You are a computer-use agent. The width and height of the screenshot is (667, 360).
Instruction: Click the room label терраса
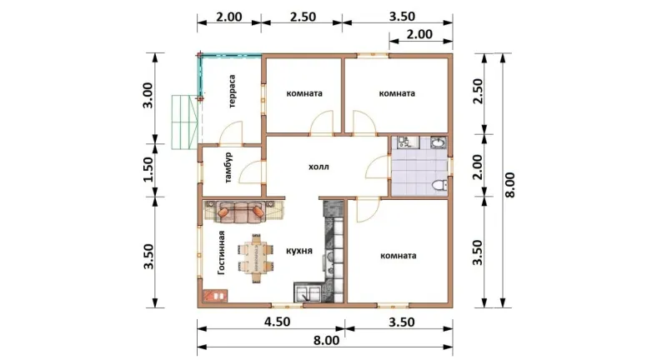click(233, 92)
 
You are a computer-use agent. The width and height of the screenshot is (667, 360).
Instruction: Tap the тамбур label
click(228, 167)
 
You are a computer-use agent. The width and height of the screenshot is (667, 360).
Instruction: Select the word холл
click(318, 167)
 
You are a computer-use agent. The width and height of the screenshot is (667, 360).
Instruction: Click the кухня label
click(299, 251)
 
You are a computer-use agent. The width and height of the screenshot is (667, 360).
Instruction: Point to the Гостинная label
click(221, 252)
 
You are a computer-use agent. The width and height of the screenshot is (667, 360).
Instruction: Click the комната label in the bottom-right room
click(399, 256)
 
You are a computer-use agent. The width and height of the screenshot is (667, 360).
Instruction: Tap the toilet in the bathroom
click(439, 185)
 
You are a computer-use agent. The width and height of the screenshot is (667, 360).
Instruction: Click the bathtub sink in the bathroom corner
click(439, 142)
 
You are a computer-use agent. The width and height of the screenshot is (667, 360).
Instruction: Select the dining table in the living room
click(257, 257)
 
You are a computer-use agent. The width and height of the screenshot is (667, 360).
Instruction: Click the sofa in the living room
click(240, 211)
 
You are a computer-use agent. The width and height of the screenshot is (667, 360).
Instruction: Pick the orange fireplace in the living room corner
click(216, 295)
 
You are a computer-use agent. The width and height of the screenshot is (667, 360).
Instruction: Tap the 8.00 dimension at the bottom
click(327, 341)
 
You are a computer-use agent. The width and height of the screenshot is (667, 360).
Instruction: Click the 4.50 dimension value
click(277, 322)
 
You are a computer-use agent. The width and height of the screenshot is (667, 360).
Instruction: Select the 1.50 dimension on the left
click(148, 170)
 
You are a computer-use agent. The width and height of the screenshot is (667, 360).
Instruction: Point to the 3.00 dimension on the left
click(148, 95)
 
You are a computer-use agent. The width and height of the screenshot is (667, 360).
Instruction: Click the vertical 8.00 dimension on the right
click(510, 184)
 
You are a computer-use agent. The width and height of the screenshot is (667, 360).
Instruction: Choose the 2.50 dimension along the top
click(303, 17)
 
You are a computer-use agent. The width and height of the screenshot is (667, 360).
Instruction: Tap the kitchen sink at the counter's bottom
click(308, 292)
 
